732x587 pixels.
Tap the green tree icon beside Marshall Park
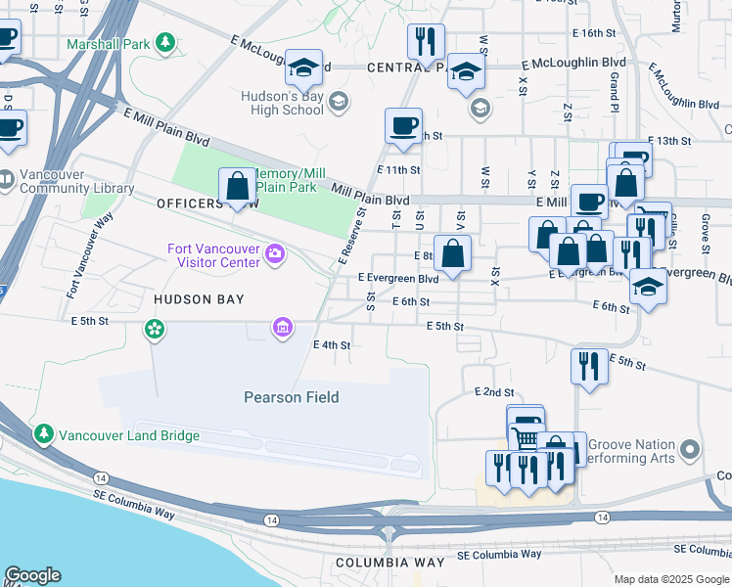coord(166,43)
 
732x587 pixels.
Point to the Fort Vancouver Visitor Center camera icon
coord(276,255)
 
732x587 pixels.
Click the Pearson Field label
coord(291,396)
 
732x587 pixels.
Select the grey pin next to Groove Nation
coord(691,450)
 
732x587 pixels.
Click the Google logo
coord(32,575)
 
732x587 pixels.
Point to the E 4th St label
coord(332,344)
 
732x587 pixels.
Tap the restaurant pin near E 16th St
coord(426,42)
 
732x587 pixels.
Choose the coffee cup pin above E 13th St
coord(403,126)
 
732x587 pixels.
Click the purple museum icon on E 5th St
coord(283,327)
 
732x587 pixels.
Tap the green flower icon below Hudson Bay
coord(154,328)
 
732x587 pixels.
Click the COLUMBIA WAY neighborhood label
coord(384,564)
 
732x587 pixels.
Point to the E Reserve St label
coord(352,235)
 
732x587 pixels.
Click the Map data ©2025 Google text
coord(671,579)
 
